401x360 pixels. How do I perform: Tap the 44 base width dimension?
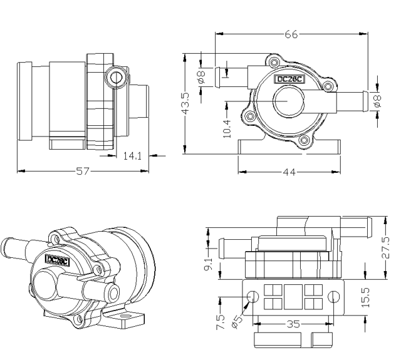pos(289,171)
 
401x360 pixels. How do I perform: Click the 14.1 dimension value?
pos(130,156)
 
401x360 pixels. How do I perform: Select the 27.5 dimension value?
pos(385,247)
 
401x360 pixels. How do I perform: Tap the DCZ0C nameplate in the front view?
pos(291,79)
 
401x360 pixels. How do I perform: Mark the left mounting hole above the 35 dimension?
pos(253,296)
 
